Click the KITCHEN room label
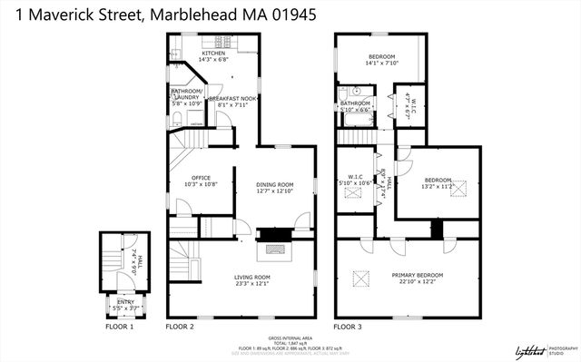(214, 54)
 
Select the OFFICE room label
(201, 178)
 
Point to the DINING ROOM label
(274, 184)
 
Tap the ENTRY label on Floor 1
(124, 301)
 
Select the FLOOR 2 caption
(180, 326)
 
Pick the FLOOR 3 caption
(349, 326)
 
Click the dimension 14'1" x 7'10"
(381, 64)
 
